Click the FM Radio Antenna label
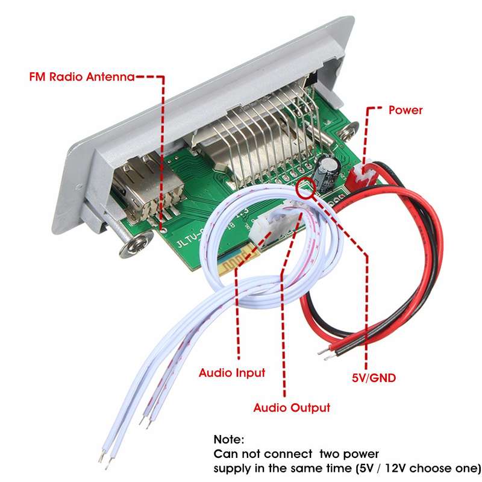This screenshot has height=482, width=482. click(82, 77)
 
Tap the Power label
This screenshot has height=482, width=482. click(405, 110)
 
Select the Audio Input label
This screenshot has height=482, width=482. click(232, 372)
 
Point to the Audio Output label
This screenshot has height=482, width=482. click(292, 408)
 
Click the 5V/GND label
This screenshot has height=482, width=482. click(374, 378)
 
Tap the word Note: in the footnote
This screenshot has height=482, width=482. click(229, 439)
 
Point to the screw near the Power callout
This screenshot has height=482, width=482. click(348, 130)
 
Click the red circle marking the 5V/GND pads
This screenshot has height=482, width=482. click(306, 187)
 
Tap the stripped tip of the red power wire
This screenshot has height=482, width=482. click(324, 352)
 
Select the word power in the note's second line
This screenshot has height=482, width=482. click(361, 454)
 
